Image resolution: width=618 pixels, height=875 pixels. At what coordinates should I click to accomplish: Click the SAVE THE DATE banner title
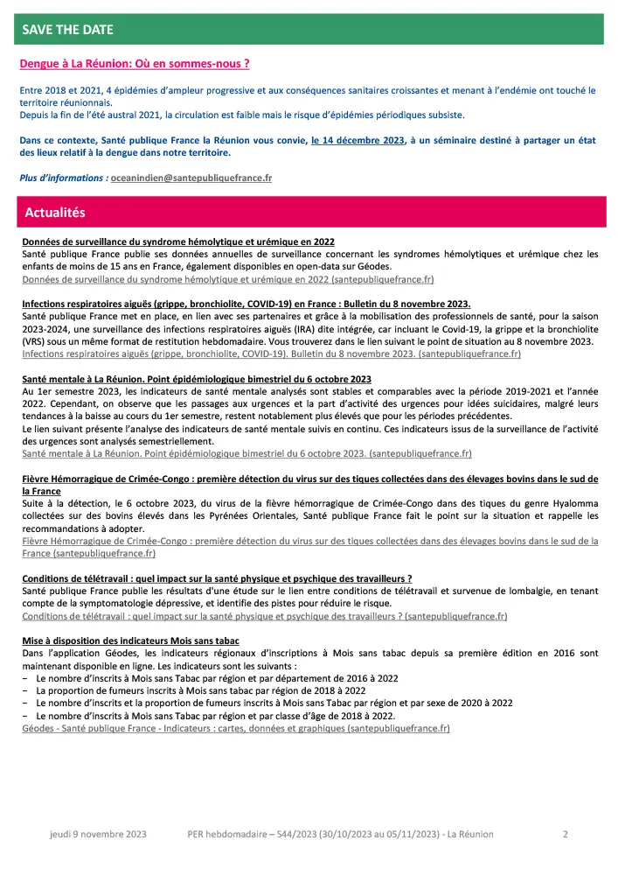pos(68,30)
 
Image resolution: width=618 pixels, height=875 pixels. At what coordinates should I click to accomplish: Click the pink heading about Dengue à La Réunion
pos(135,64)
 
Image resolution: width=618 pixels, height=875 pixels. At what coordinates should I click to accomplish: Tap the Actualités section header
pos(55,213)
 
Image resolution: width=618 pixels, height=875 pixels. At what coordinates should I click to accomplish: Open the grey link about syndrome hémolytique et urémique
pos(227,279)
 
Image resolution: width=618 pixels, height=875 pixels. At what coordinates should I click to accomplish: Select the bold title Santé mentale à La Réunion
pos(197,378)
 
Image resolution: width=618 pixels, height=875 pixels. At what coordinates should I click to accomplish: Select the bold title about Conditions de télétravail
pos(217,578)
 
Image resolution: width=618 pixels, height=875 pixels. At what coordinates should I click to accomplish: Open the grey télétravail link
pos(264,616)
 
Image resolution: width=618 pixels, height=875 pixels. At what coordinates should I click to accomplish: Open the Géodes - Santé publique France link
pos(236,728)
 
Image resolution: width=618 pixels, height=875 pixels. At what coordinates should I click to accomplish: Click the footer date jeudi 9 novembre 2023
pos(98,834)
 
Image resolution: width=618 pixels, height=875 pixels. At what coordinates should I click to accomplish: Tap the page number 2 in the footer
pos(566,834)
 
